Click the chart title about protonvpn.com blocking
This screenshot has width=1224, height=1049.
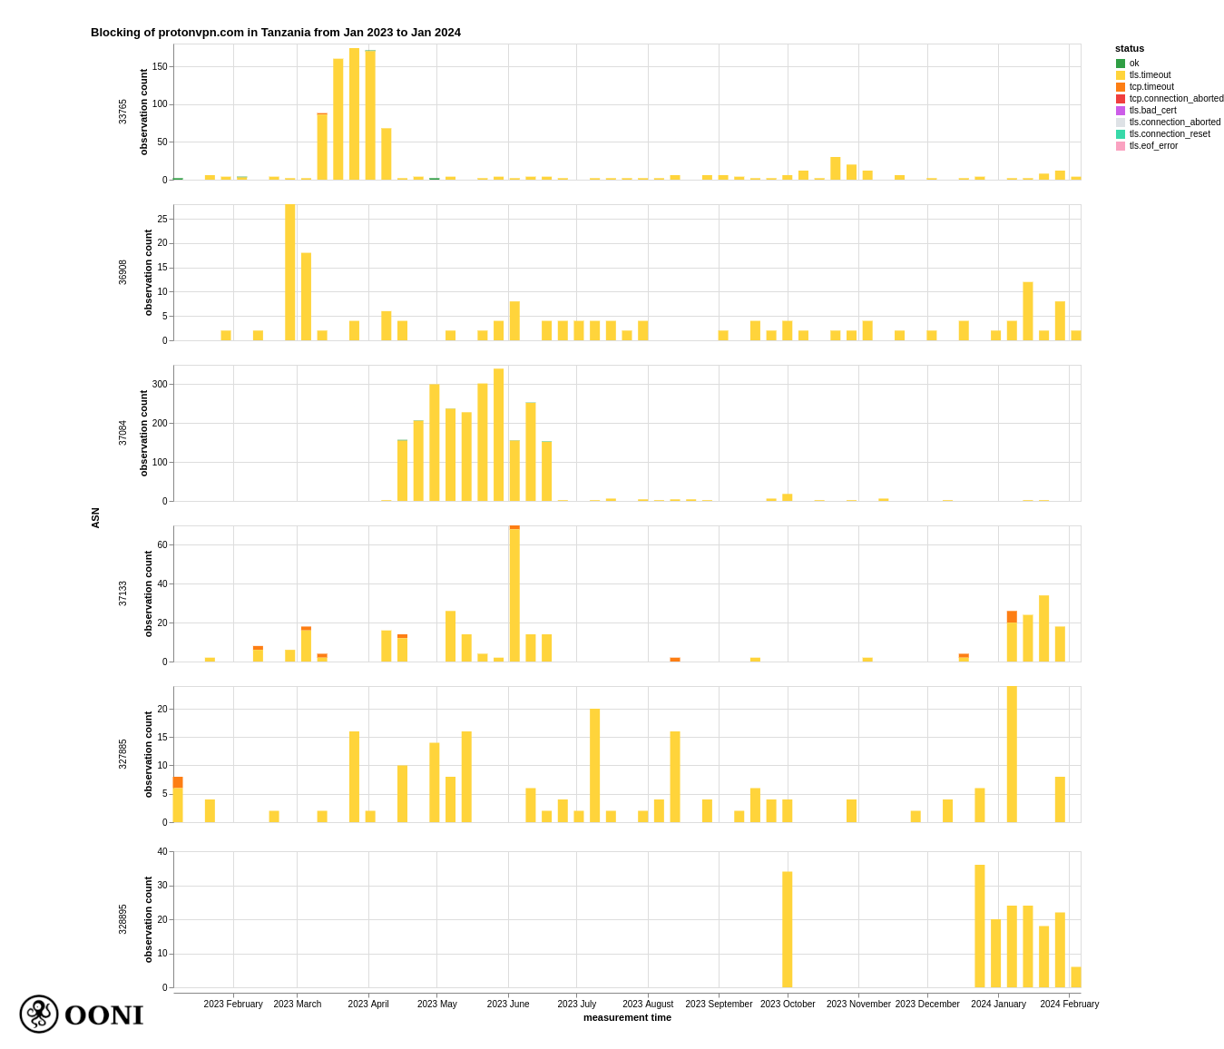(x=275, y=33)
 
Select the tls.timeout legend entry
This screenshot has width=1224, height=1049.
(x=1149, y=75)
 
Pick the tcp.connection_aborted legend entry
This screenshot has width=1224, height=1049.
(x=1175, y=99)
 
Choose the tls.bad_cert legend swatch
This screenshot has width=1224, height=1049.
(x=1121, y=111)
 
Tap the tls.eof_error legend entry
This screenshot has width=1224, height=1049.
(x=1152, y=146)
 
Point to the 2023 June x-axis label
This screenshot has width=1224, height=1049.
(x=508, y=1004)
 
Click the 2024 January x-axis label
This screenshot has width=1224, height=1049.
(x=998, y=1004)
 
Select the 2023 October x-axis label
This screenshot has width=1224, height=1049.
(x=788, y=1004)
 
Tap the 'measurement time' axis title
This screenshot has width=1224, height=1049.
(x=627, y=1017)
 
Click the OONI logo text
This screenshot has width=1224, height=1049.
(x=103, y=1015)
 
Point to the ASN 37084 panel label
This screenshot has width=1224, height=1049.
(x=122, y=433)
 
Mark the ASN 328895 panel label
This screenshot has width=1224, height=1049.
(x=122, y=919)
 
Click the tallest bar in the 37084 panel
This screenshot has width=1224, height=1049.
(x=498, y=436)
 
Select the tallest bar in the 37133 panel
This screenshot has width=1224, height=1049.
(x=514, y=594)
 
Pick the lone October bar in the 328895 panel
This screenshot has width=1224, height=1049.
(x=787, y=929)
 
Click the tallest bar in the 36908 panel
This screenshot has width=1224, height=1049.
(x=289, y=272)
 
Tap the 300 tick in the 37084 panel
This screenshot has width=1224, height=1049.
(x=160, y=385)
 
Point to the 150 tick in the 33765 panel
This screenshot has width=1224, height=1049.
(x=160, y=66)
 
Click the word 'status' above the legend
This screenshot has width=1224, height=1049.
(x=1130, y=48)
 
